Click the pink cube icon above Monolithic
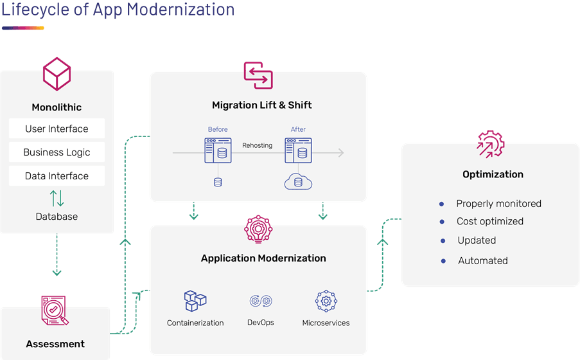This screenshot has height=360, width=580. (57, 74)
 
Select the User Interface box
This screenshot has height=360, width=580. (57, 129)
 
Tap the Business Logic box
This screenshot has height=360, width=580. (57, 152)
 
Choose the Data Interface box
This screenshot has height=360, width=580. (57, 176)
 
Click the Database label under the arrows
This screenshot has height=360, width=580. (57, 216)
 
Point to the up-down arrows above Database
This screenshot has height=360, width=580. (57, 198)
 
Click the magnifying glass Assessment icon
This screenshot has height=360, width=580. (55, 310)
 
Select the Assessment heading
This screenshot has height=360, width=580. (55, 344)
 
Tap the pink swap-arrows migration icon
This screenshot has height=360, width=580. (258, 76)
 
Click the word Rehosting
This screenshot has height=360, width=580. (257, 145)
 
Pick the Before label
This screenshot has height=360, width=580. (218, 129)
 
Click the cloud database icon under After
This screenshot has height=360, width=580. (298, 181)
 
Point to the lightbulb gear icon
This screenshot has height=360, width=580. (258, 230)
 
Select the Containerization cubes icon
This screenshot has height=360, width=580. (195, 301)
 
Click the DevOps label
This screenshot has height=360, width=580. (261, 323)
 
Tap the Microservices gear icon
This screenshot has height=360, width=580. (326, 301)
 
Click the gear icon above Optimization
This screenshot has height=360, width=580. (491, 144)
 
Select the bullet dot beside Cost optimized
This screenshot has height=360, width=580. (442, 222)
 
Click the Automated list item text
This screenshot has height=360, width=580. (483, 261)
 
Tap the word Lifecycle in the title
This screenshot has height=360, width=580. (35, 10)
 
